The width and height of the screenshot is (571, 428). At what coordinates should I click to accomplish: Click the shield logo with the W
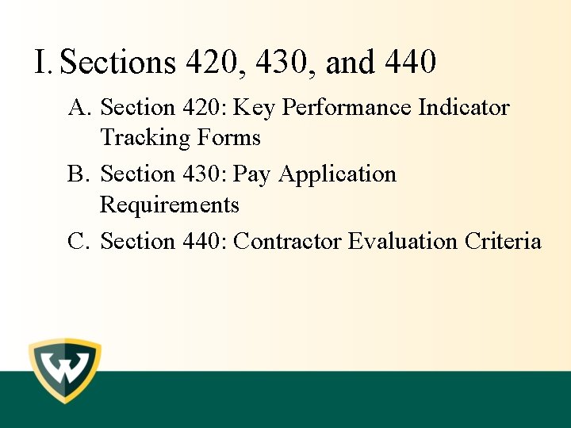pos(65,371)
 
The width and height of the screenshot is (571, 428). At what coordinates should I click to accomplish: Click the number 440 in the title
pos(409,62)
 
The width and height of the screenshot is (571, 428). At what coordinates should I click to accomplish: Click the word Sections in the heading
pos(118,62)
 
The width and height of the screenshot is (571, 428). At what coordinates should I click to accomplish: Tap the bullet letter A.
pos(78,107)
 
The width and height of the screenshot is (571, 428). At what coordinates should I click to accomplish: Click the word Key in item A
pos(253,108)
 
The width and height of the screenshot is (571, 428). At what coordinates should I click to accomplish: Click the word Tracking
pos(146,138)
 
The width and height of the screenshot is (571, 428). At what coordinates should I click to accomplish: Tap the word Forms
pos(229,138)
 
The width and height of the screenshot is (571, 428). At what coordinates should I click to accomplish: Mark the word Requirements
pos(170,205)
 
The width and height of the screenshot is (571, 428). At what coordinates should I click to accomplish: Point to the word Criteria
pos(504,241)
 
